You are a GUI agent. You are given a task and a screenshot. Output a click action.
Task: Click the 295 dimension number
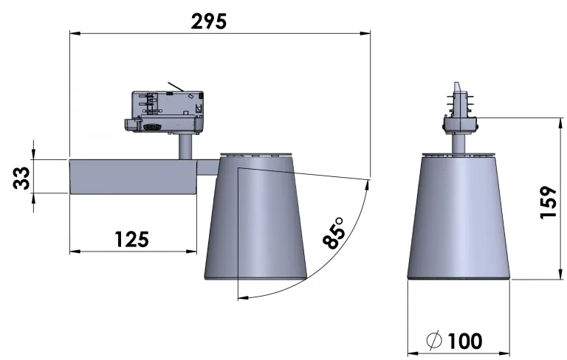pyautogui.click(x=209, y=21)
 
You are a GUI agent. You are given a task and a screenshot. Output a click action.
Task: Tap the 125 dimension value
pyautogui.click(x=131, y=239)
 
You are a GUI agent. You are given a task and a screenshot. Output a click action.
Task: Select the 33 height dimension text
pyautogui.click(x=21, y=178)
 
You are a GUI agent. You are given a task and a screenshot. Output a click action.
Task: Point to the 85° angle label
pyautogui.click(x=334, y=233)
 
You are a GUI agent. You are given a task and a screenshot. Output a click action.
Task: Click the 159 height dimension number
pyautogui.click(x=549, y=202)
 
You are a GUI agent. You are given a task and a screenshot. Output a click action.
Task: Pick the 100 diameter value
pyautogui.click(x=465, y=341)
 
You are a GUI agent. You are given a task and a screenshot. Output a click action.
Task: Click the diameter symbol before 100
pyautogui.click(x=434, y=340)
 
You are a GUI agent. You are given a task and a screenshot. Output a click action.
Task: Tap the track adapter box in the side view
pyautogui.click(x=165, y=111)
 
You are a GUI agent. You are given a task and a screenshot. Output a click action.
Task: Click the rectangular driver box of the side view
pyautogui.click(x=133, y=177)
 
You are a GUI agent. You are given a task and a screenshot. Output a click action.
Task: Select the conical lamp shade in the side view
pyautogui.click(x=255, y=217)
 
